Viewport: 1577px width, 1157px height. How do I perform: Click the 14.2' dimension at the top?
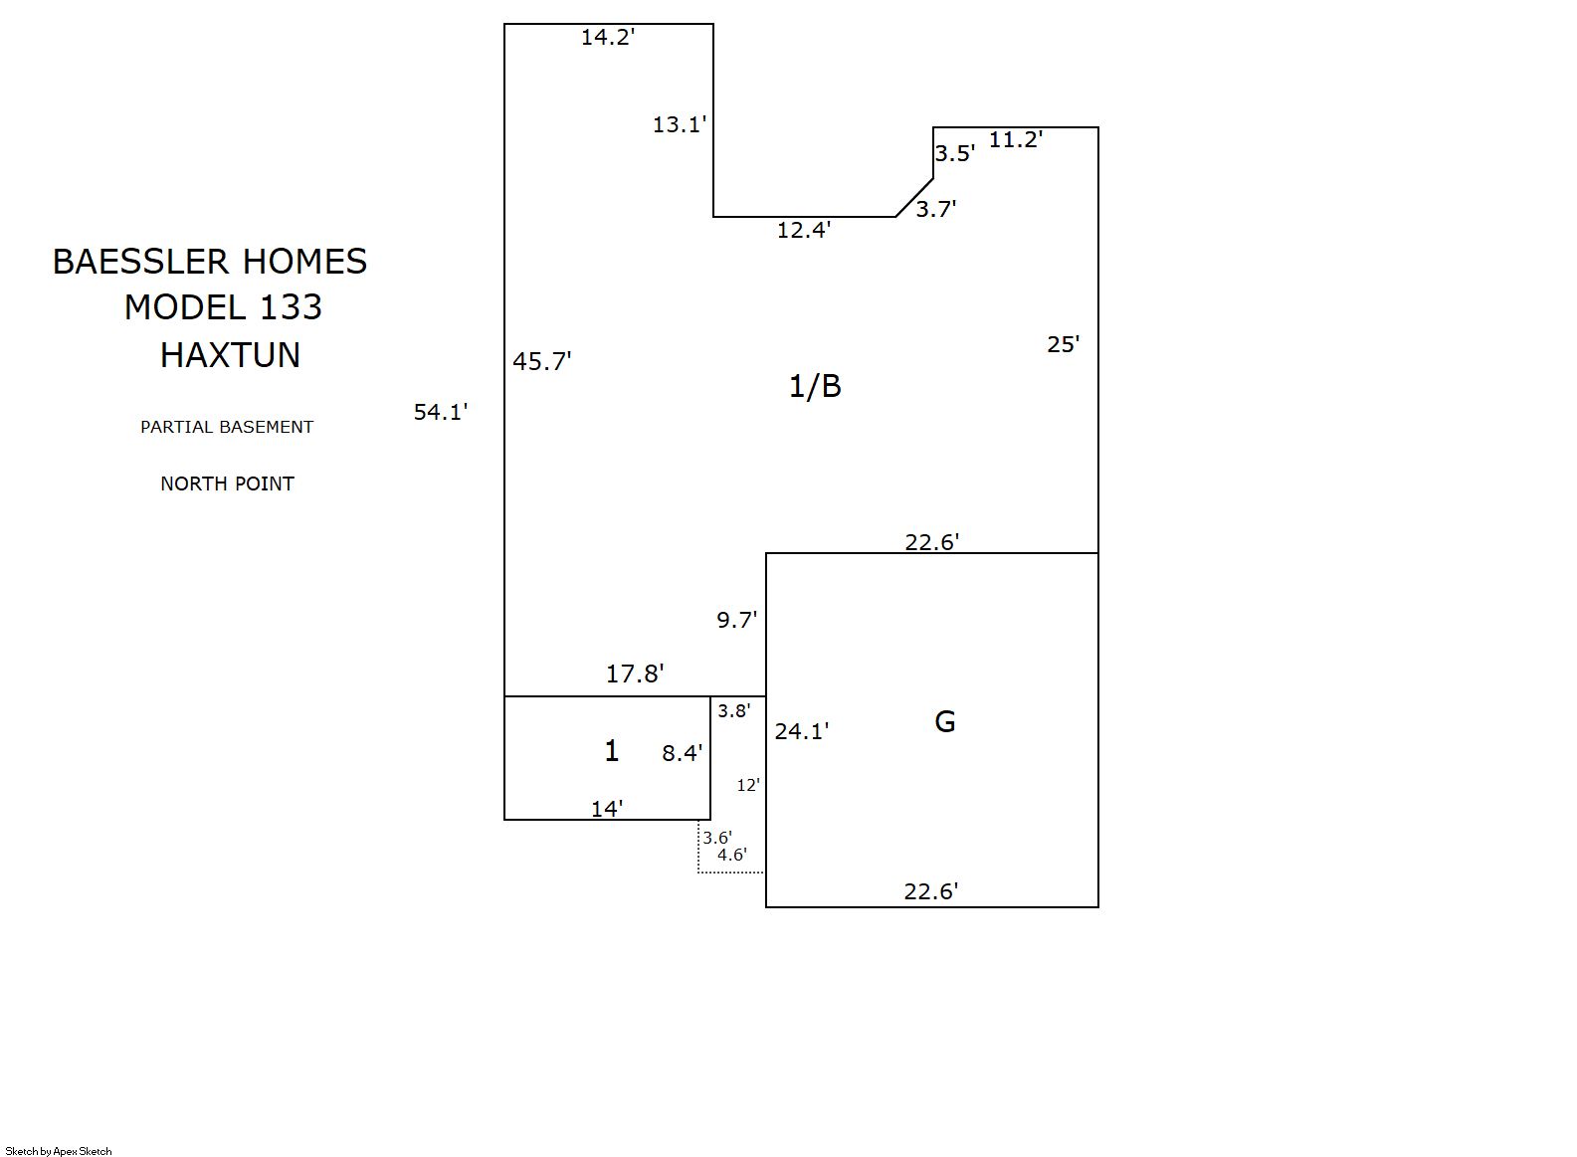point(608,37)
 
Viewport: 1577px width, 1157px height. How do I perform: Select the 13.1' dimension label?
point(680,124)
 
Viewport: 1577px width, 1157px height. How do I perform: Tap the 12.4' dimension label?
point(803,230)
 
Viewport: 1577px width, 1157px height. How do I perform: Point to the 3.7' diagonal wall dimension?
point(935,209)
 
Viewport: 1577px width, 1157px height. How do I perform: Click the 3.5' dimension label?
point(954,153)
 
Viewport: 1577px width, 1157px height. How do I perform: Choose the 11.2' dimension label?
point(1016,139)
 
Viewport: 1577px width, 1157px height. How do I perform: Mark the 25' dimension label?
point(1063,344)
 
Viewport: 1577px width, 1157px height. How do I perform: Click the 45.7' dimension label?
point(541,361)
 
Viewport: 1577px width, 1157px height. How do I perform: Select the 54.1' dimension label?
point(441,412)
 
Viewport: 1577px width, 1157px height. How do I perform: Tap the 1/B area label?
point(815,386)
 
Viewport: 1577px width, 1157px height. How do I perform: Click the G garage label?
point(945,721)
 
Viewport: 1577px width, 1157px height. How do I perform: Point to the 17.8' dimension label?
point(635,674)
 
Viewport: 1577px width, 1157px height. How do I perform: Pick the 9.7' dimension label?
point(737,620)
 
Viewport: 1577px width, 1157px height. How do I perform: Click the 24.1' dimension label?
point(802,731)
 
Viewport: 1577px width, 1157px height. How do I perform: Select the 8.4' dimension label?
point(683,753)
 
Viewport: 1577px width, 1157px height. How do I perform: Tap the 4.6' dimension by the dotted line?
point(732,855)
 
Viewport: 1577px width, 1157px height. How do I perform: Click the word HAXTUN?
point(230,355)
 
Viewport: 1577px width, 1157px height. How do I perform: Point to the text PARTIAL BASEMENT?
point(227,427)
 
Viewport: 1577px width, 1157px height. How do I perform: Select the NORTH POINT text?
point(228,483)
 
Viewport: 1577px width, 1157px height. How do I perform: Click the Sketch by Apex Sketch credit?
point(59,1151)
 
